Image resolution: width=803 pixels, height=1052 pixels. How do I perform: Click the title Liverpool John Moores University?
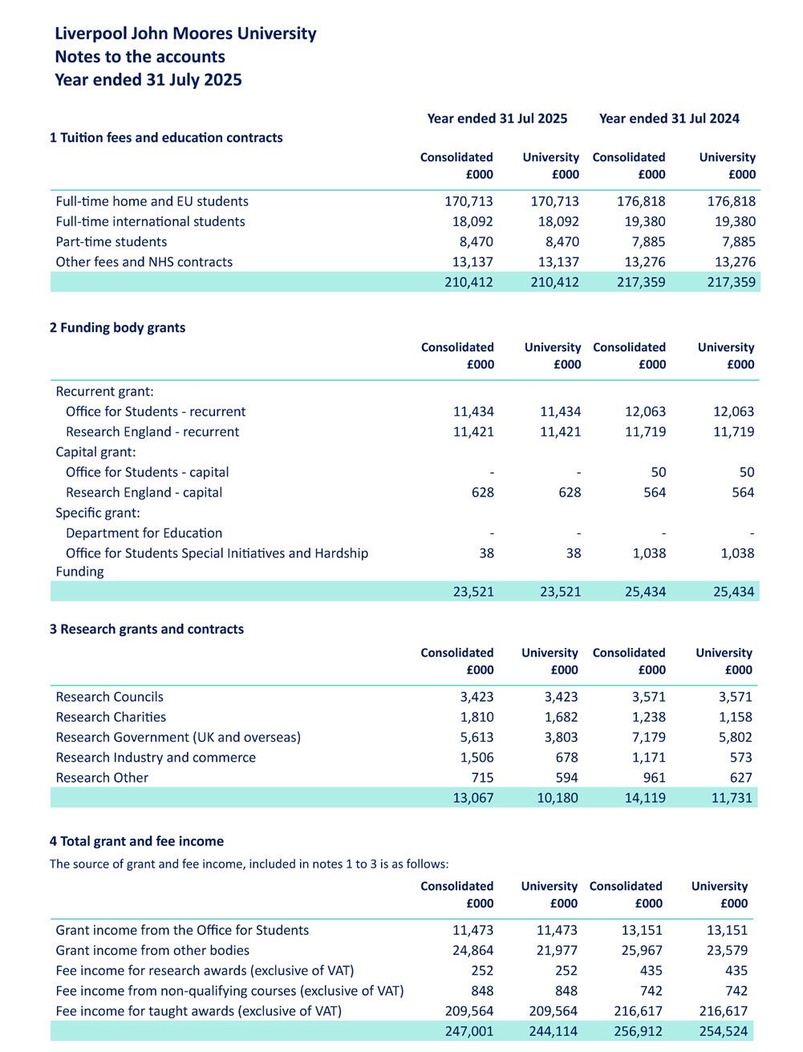click(185, 34)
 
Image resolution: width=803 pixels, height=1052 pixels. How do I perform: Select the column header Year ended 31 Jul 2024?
click(669, 119)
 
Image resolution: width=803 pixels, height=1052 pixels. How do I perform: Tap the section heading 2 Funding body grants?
click(117, 327)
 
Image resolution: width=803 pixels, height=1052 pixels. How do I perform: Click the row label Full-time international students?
click(150, 221)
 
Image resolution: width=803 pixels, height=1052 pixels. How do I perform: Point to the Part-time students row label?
click(111, 241)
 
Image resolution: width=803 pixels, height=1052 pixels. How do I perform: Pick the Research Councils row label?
click(109, 697)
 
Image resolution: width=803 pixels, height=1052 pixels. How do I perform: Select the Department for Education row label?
click(144, 532)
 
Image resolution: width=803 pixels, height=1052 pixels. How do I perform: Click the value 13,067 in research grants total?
click(473, 798)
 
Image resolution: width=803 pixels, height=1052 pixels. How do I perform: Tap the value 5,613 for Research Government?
click(477, 737)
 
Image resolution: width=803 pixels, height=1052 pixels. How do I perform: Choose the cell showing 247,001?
click(469, 1031)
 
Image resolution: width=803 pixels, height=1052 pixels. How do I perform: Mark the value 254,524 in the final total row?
click(723, 1031)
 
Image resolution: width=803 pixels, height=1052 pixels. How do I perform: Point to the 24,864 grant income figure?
click(472, 950)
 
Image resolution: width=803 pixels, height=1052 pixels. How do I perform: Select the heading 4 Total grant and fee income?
click(136, 841)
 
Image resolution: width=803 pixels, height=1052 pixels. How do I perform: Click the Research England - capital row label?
click(144, 492)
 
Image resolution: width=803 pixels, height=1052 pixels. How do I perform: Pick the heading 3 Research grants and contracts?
click(146, 629)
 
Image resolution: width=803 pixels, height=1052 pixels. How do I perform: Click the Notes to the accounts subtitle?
click(140, 57)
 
